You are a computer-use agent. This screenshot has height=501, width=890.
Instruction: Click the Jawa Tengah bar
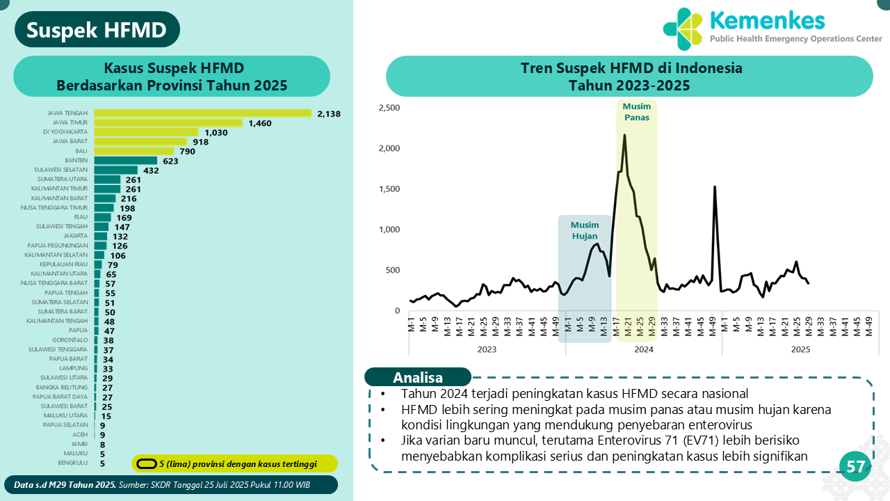[x=202, y=113]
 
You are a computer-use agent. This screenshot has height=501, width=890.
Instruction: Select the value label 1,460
[x=260, y=123]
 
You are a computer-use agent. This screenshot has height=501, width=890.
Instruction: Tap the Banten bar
[x=126, y=161]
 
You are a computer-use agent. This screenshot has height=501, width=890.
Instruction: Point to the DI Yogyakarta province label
[x=65, y=132]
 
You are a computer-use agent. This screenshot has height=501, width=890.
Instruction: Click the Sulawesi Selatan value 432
[x=151, y=170]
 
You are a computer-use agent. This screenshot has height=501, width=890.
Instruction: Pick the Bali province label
[x=81, y=151]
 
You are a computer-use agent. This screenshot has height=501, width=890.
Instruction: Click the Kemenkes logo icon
[x=683, y=29]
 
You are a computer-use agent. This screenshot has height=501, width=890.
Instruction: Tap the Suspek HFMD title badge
[x=97, y=31]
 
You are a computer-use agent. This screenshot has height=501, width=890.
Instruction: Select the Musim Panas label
[x=636, y=112]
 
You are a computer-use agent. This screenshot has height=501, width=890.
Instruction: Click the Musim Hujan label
[x=584, y=230]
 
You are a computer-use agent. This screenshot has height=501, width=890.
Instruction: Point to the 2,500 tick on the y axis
[x=389, y=108]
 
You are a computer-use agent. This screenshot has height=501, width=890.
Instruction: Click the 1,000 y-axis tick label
[x=389, y=230]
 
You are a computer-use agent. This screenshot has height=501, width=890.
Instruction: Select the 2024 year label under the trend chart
[x=644, y=350]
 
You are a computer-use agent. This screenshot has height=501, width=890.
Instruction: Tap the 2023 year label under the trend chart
[x=486, y=350]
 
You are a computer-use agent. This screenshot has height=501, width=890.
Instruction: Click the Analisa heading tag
[x=418, y=378]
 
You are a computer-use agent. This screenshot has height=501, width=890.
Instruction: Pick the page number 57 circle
[x=855, y=467]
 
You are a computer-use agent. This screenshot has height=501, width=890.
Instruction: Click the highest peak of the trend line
[x=624, y=135]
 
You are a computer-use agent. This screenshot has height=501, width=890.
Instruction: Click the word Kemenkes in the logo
[x=767, y=20]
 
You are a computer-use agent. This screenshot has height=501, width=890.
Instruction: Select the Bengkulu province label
[x=72, y=462]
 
